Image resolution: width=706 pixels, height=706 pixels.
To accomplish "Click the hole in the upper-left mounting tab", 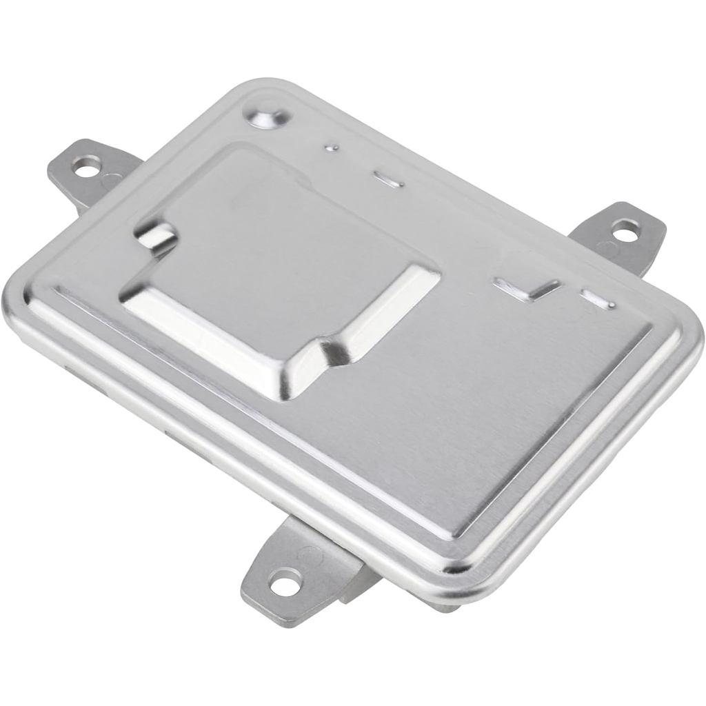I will (x=87, y=164).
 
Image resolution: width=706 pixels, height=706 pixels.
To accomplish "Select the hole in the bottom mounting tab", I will (x=286, y=585).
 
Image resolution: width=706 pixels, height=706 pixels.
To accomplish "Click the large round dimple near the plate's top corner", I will (x=269, y=116).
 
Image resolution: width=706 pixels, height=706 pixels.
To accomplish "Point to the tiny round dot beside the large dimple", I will (x=332, y=147).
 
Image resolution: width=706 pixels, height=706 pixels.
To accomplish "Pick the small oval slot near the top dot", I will (x=388, y=180).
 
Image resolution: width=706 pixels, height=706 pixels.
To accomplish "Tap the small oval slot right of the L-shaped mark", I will (x=598, y=299).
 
